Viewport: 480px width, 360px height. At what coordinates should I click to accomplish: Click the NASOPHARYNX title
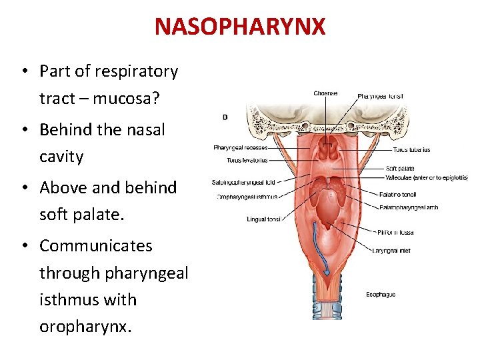click(x=240, y=27)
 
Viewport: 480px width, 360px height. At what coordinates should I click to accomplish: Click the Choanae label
click(x=325, y=93)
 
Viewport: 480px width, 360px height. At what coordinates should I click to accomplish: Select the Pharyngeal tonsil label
click(x=380, y=97)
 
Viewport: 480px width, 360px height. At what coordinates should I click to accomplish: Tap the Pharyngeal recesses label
click(x=241, y=147)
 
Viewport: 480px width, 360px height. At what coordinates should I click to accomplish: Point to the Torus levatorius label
click(x=247, y=160)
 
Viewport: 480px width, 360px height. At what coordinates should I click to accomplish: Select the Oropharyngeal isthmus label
click(x=247, y=197)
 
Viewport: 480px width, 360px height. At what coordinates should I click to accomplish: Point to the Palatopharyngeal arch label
click(x=409, y=207)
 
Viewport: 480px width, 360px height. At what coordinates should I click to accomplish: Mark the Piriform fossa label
click(x=395, y=233)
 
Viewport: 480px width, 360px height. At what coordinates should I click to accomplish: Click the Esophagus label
click(x=381, y=294)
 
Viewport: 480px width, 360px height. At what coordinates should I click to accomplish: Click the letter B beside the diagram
click(x=225, y=117)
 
